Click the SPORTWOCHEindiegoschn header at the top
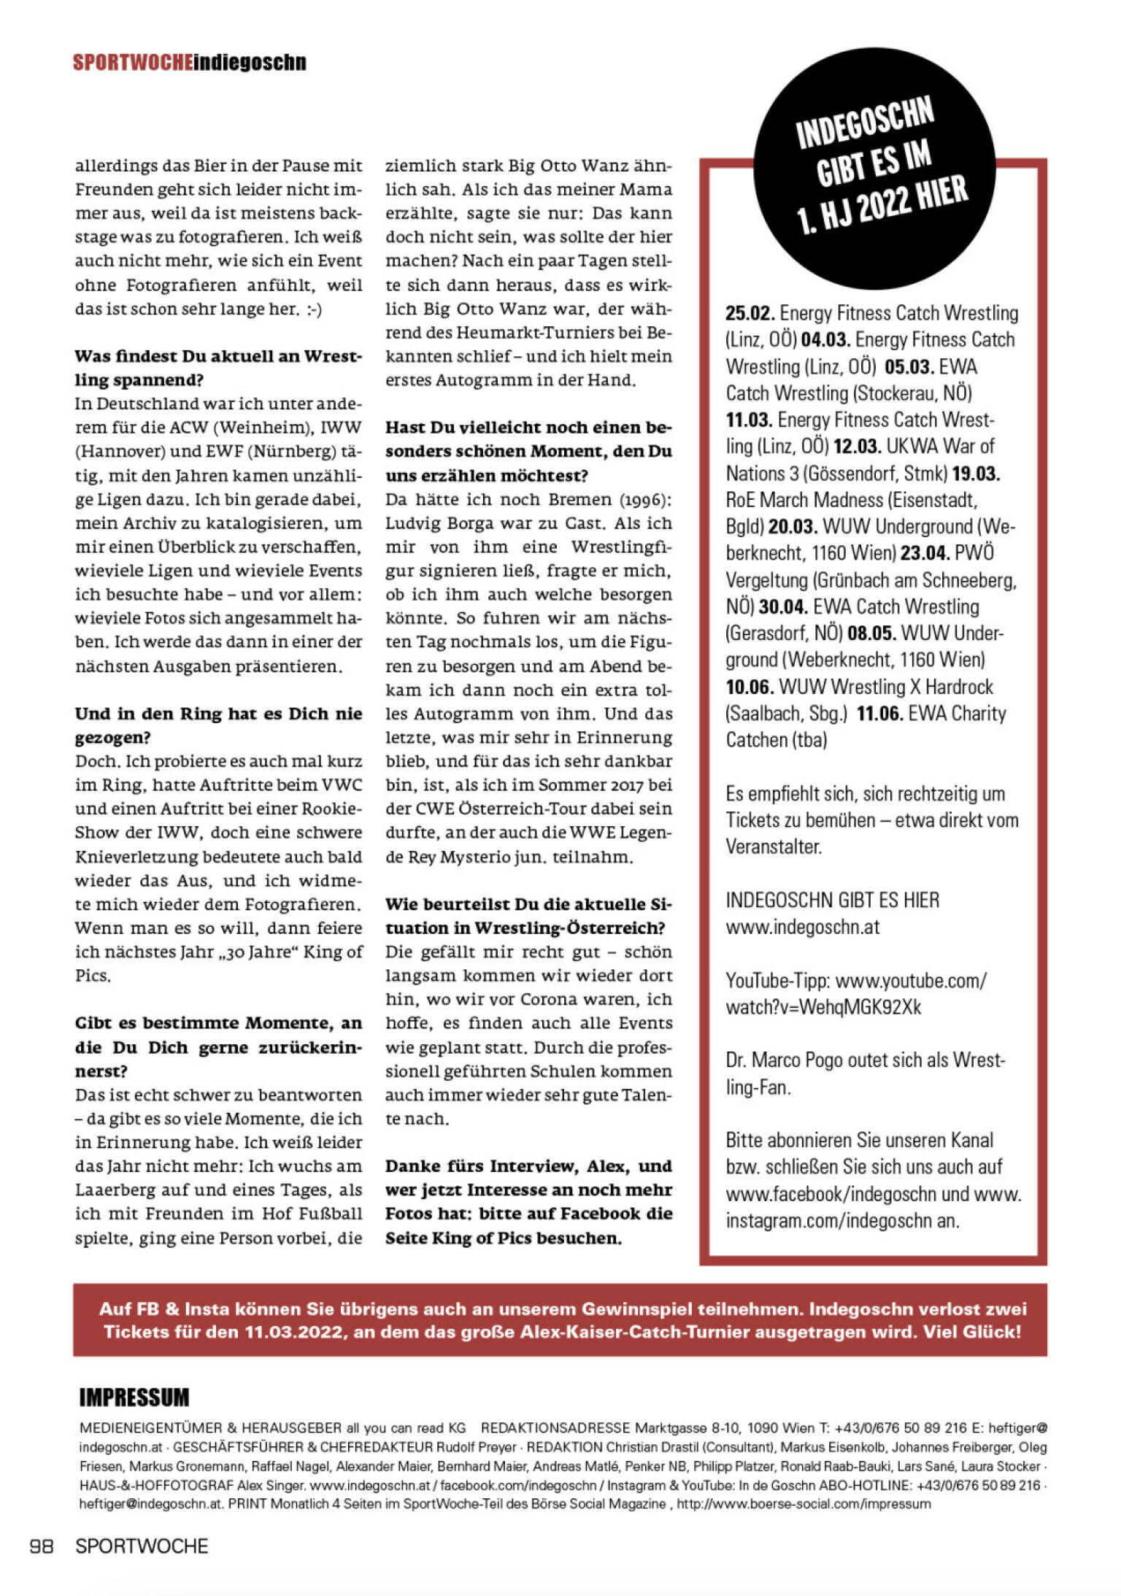pyautogui.click(x=189, y=62)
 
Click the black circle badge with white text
pyautogui.click(x=874, y=169)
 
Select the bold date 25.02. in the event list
pyautogui.click(x=750, y=314)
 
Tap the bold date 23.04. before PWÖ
pyautogui.click(x=925, y=553)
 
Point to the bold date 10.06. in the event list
pyautogui.click(x=750, y=687)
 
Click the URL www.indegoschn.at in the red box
pyautogui.click(x=802, y=928)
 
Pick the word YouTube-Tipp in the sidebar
pyautogui.click(x=777, y=981)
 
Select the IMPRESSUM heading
pyautogui.click(x=134, y=1398)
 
